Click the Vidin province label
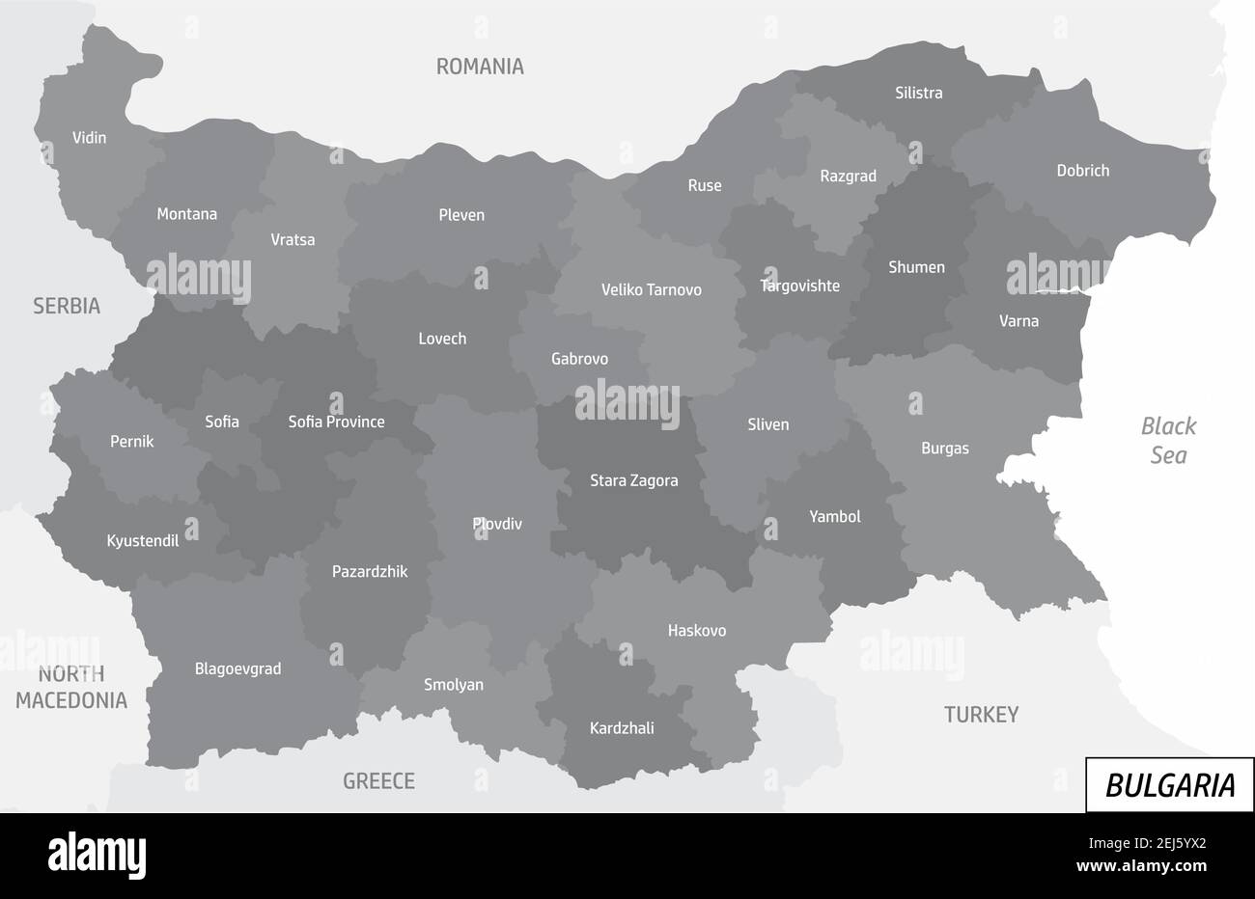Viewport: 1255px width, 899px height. pyautogui.click(x=89, y=138)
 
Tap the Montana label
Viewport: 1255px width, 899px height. pyautogui.click(x=186, y=214)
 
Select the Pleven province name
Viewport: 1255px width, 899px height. pyautogui.click(x=461, y=215)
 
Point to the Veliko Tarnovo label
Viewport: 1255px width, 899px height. pyautogui.click(x=651, y=289)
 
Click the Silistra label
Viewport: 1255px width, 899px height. pyautogui.click(x=918, y=94)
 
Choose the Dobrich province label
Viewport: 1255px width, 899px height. pyautogui.click(x=1082, y=171)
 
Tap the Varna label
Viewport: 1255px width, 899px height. pyautogui.click(x=1018, y=321)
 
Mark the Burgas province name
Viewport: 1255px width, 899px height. pyautogui.click(x=944, y=449)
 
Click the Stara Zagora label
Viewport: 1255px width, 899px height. pyautogui.click(x=633, y=480)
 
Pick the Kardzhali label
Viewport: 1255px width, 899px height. pyautogui.click(x=622, y=728)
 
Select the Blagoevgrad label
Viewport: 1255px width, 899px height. pyautogui.click(x=237, y=668)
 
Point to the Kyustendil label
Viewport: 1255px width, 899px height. pyautogui.click(x=143, y=541)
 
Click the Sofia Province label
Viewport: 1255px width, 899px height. pyautogui.click(x=336, y=422)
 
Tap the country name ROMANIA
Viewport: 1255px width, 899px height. pyautogui.click(x=480, y=67)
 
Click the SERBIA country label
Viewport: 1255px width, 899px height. pyautogui.click(x=67, y=307)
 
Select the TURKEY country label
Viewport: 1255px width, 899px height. pyautogui.click(x=981, y=715)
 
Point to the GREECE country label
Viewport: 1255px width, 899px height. pyautogui.click(x=378, y=781)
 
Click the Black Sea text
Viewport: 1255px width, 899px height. pyautogui.click(x=1168, y=440)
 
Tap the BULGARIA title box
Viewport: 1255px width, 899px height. pyautogui.click(x=1169, y=785)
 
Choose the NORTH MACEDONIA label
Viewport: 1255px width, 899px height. pyautogui.click(x=71, y=688)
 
